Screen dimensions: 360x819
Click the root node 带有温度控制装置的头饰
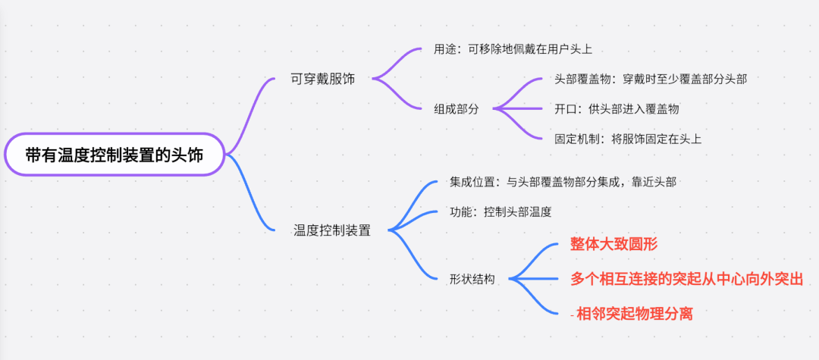click(x=115, y=155)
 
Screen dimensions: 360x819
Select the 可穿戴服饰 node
click(x=323, y=79)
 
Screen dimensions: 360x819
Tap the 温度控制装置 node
click(x=332, y=230)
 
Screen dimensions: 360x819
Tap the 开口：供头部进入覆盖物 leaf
click(x=617, y=108)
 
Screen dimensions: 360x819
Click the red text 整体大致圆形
click(x=613, y=245)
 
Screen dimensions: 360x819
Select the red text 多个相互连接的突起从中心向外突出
click(x=686, y=278)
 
